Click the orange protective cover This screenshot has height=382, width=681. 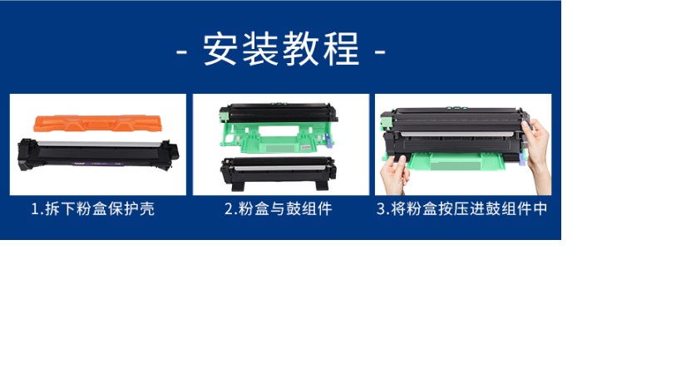(97, 123)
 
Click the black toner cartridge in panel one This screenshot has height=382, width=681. (98, 154)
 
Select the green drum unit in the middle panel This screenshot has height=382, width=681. (278, 129)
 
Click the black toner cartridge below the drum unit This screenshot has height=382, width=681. (278, 173)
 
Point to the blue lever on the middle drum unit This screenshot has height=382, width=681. (328, 140)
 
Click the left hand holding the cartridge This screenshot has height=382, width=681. (394, 174)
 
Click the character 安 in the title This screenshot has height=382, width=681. (220, 49)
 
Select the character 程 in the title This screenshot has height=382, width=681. (342, 49)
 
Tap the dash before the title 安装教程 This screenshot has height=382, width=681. (181, 52)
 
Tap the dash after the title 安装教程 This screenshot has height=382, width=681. (380, 52)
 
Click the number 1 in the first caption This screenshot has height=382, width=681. (35, 209)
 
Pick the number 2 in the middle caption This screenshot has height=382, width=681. (229, 209)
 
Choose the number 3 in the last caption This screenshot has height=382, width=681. (381, 209)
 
